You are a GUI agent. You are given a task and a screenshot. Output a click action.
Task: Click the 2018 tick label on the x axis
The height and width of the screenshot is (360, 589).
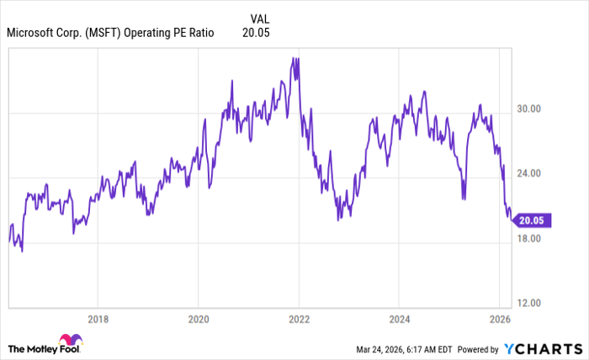98,319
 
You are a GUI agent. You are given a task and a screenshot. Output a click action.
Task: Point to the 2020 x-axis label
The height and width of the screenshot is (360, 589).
198,319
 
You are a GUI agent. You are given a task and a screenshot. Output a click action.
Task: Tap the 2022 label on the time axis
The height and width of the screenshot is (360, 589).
299,319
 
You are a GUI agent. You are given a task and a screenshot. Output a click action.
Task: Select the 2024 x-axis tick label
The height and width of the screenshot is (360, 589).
399,319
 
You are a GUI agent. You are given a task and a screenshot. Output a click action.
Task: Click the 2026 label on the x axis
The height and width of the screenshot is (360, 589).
500,319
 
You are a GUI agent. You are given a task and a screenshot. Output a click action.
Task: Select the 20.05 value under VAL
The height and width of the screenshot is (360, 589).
256,34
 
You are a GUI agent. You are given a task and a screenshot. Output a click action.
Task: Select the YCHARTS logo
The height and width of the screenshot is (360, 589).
542,348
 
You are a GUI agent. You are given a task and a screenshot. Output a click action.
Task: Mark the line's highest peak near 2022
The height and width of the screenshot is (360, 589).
292,58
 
